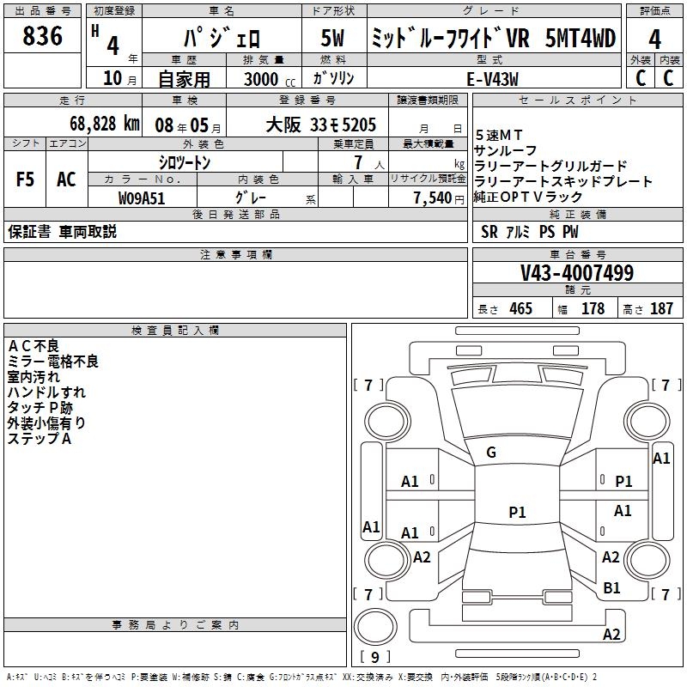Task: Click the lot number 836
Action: [42, 36]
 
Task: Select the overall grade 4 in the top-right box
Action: [654, 39]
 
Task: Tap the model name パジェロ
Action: [220, 39]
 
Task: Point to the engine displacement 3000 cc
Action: [263, 79]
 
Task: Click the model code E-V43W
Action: [495, 79]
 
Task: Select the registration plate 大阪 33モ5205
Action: [321, 124]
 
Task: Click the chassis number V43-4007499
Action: [577, 273]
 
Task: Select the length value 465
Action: [520, 309]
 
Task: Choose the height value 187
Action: [661, 309]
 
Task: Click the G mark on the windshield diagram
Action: [491, 453]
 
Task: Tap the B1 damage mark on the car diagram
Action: [611, 587]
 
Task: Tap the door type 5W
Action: [334, 39]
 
